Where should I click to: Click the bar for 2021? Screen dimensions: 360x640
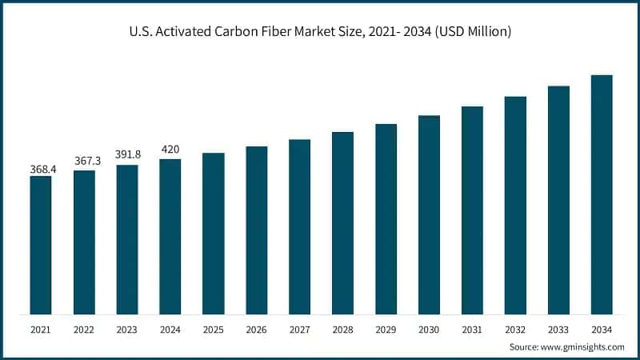[41, 244]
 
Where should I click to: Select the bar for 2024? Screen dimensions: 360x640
[170, 236]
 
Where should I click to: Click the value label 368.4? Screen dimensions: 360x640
[41, 169]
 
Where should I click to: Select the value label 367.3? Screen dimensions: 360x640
[84, 162]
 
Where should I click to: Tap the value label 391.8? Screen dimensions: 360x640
[127, 157]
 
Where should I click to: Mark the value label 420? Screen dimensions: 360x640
[170, 150]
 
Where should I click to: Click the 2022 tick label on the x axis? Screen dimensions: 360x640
[84, 329]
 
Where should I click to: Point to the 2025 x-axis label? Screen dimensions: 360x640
[213, 329]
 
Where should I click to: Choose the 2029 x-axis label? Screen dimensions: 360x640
[386, 329]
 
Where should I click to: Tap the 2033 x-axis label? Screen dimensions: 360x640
[558, 329]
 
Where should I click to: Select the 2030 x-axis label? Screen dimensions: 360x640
[429, 329]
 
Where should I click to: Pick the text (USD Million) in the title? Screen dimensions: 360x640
[469, 32]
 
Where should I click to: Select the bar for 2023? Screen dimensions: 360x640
[127, 239]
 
